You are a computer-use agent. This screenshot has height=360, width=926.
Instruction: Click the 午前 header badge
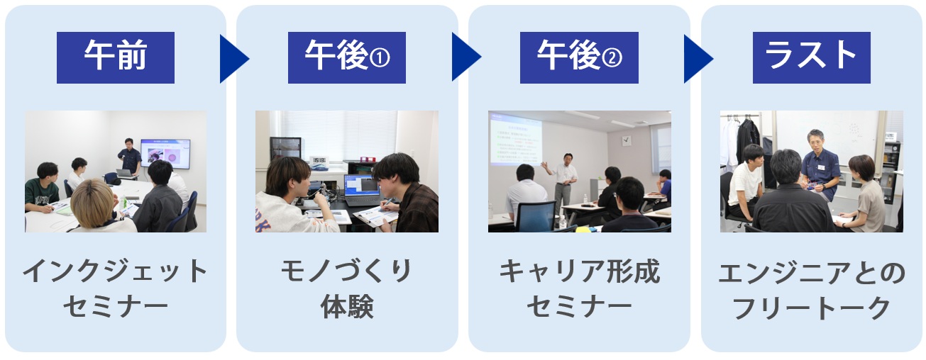coord(116,57)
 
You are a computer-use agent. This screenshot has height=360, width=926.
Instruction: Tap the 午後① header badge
coord(347,57)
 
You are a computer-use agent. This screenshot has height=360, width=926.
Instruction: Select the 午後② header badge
coord(579,57)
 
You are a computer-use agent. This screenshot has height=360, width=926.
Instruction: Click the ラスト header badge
coord(812,57)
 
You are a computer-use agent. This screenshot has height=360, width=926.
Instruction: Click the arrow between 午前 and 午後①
coord(232,59)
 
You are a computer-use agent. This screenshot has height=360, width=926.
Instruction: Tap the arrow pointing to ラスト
coord(697,59)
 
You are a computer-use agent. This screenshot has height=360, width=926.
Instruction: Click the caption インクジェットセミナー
coord(116,288)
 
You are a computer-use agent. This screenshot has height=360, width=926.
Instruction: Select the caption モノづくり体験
coord(347,288)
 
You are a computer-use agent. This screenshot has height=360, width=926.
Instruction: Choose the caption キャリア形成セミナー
coord(579,288)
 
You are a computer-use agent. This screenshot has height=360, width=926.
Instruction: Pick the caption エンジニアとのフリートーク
coord(812,291)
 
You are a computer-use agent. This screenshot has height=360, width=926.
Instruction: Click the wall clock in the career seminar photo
coord(627,141)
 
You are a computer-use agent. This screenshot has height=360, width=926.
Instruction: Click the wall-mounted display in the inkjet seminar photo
coord(165,154)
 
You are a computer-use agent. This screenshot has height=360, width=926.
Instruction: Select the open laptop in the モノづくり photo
coord(361,191)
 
